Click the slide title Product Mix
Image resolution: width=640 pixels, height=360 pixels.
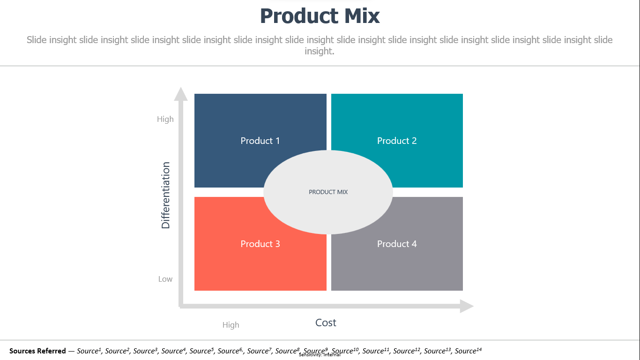click(320, 16)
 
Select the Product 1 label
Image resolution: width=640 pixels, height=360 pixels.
click(260, 141)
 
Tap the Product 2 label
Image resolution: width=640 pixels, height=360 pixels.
click(397, 141)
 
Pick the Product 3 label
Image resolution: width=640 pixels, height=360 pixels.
click(260, 244)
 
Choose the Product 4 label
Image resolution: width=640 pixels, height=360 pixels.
click(397, 244)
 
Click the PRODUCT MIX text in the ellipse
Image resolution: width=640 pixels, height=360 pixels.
click(328, 192)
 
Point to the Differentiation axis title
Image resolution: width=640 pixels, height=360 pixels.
click(166, 195)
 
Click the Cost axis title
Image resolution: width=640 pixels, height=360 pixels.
click(326, 322)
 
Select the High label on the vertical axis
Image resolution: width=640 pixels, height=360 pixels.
click(165, 119)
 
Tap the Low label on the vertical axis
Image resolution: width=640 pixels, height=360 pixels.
click(165, 279)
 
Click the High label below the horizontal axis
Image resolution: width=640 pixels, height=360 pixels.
click(231, 325)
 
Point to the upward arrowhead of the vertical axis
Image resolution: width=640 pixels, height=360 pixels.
click(181, 94)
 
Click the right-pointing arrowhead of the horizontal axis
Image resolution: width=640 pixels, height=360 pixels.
click(467, 307)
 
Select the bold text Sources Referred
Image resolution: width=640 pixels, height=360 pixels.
click(37, 351)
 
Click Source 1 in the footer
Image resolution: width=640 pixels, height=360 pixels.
click(89, 351)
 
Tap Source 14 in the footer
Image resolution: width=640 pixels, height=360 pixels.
click(468, 351)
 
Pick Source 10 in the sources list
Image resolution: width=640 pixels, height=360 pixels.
click(345, 351)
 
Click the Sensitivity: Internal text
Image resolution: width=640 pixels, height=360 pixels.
click(320, 355)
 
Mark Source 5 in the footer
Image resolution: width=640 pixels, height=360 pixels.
click(201, 351)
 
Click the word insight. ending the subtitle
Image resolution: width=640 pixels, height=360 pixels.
click(320, 51)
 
